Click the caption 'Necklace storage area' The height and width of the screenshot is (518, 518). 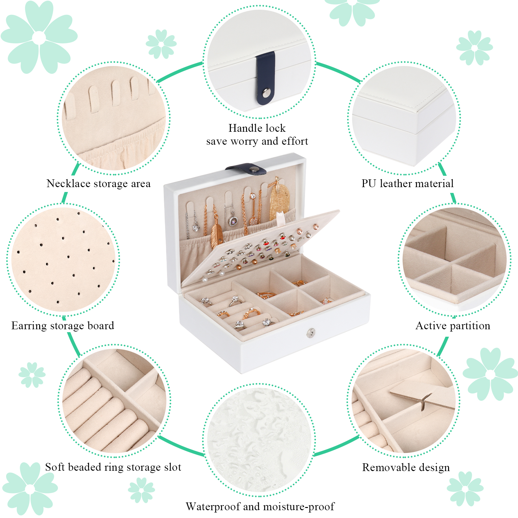[x=98, y=184]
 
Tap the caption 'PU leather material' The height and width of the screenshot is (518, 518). [x=408, y=184]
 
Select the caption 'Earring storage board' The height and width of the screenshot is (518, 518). [x=63, y=326]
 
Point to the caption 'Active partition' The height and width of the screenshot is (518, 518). [x=453, y=326]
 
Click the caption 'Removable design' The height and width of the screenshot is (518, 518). [x=406, y=467]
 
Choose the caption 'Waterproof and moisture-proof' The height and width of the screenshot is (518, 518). [x=260, y=507]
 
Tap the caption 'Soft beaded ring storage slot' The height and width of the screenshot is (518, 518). [x=113, y=467]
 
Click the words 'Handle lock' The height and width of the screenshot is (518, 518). [x=257, y=128]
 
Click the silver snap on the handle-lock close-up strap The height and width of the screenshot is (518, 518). [x=266, y=93]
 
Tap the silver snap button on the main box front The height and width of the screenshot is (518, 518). [x=311, y=332]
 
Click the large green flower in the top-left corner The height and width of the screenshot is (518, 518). [x=39, y=37]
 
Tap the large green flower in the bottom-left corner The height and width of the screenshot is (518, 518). [x=30, y=489]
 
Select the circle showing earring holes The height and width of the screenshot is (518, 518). [x=63, y=260]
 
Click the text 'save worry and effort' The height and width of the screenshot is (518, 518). [x=257, y=141]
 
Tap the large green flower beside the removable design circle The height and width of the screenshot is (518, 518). [x=490, y=374]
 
